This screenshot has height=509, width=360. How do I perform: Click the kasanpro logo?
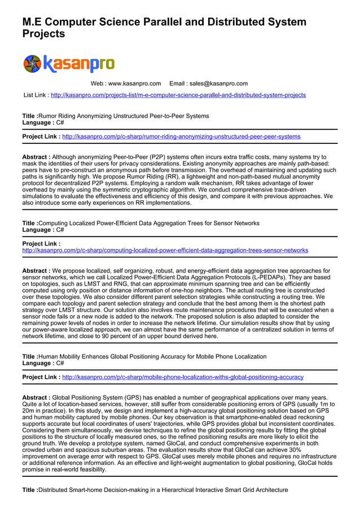68,63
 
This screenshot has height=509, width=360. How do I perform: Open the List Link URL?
178,95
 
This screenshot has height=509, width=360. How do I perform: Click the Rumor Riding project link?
181,137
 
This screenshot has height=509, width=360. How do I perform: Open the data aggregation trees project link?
165,250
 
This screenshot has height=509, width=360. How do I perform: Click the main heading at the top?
164,28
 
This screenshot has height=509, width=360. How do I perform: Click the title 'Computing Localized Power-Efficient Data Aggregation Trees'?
148,223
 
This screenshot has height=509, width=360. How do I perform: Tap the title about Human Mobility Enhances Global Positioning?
152,357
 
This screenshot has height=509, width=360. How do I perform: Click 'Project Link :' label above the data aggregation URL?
41,244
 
